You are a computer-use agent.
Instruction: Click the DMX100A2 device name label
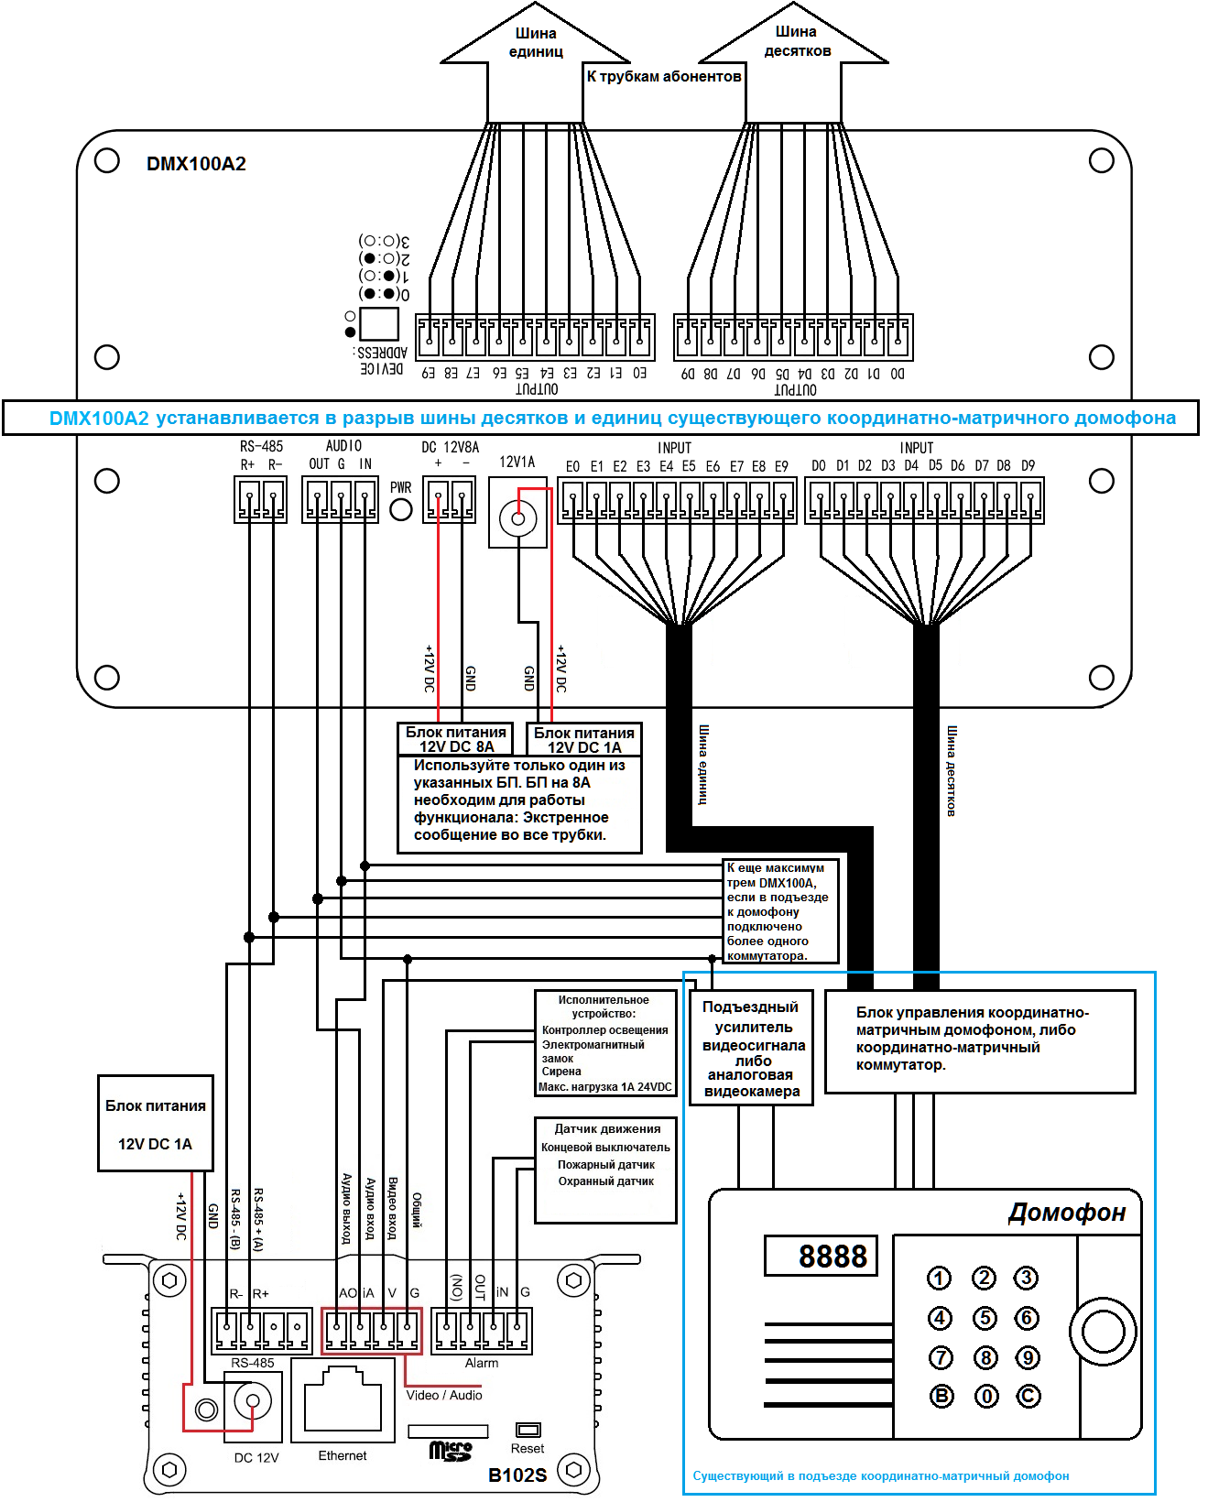pos(196,164)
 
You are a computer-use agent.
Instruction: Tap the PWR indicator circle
pos(401,509)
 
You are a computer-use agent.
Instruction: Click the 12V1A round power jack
pos(517,518)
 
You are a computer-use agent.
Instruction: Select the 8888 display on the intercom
pos(821,1256)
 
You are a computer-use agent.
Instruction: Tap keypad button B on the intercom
pos(941,1396)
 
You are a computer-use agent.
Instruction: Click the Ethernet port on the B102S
pos(343,1398)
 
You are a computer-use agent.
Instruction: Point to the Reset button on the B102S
pos(528,1430)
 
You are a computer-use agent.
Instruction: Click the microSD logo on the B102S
pos(451,1451)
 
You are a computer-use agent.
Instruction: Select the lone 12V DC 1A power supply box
pos(156,1124)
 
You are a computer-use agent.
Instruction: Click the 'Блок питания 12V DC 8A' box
pos(456,739)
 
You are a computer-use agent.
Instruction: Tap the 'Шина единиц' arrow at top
pos(536,55)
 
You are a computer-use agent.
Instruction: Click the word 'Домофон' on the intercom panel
pos(1067,1213)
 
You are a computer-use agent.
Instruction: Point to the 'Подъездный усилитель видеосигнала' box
pos(752,1049)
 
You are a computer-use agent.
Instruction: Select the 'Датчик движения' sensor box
pos(606,1169)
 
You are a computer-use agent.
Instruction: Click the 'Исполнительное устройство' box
pos(605,1043)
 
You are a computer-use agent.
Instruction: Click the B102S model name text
pos(517,1475)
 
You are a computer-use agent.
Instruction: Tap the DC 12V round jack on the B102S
pos(253,1401)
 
